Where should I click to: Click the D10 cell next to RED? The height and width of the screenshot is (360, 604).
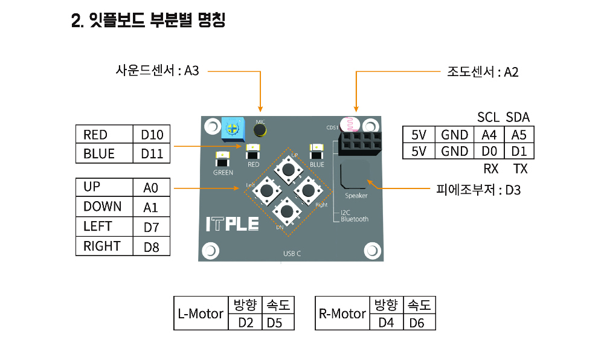click(x=152, y=135)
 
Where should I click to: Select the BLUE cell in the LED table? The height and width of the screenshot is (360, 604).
click(x=104, y=153)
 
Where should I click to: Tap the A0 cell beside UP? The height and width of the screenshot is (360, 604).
click(x=151, y=188)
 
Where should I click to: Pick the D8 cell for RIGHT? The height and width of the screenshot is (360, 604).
click(x=151, y=246)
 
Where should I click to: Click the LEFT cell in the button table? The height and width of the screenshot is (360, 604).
click(x=104, y=227)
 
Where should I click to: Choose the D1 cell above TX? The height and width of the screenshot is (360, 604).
click(x=519, y=151)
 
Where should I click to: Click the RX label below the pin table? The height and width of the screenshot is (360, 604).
click(x=490, y=169)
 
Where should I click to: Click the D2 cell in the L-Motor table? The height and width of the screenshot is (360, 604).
click(x=245, y=323)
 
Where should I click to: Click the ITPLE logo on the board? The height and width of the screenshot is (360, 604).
click(x=232, y=224)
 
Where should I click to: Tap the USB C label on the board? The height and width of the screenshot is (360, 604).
click(x=292, y=254)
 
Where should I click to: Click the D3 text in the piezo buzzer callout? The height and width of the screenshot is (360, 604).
click(x=513, y=190)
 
